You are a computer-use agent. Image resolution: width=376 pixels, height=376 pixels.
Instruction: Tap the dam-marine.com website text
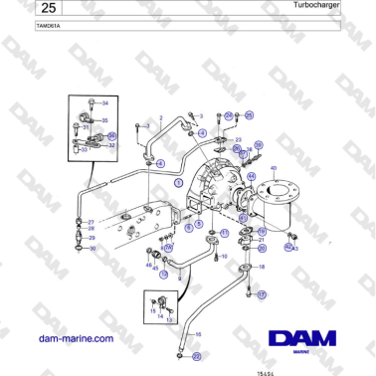point(74,338)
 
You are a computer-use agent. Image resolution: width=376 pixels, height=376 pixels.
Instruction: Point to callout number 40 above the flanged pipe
point(274,169)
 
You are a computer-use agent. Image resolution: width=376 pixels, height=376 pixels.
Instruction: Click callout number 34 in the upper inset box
point(106,103)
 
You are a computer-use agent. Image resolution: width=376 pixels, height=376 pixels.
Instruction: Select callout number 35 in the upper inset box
point(104,119)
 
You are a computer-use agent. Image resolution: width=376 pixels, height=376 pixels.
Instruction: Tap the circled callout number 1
point(179,184)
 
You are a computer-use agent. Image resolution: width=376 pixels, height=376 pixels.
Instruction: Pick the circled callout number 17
point(263,295)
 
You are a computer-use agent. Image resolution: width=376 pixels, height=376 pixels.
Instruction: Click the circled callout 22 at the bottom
point(197,356)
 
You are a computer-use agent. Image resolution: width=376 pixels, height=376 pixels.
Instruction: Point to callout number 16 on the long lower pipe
point(198,334)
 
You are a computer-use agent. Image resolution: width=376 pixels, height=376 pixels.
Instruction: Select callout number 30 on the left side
point(93,249)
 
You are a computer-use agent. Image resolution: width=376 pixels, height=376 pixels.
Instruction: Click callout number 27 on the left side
point(92,222)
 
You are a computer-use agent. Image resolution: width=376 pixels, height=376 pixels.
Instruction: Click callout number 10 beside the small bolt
point(225,256)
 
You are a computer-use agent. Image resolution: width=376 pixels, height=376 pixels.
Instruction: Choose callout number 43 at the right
point(296,249)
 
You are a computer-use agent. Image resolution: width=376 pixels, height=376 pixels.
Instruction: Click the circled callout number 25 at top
point(250,115)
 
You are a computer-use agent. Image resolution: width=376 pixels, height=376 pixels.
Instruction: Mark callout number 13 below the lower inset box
point(168,320)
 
